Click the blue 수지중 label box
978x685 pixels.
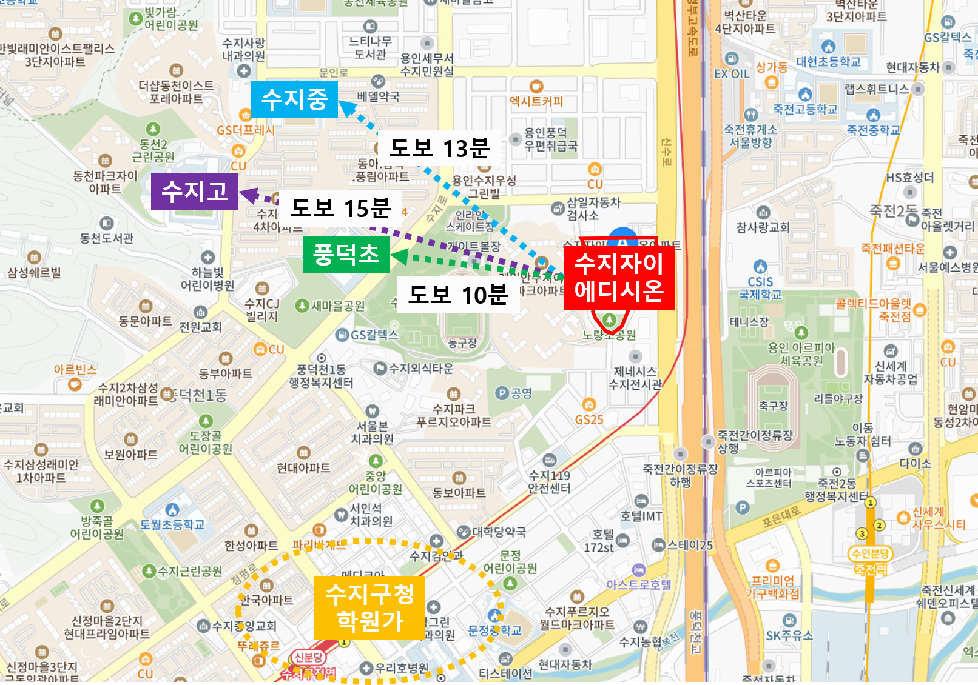click(x=294, y=99)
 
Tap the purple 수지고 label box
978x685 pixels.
click(x=194, y=192)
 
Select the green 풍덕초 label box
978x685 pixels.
click(x=346, y=255)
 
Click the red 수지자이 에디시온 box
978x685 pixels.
click(x=619, y=278)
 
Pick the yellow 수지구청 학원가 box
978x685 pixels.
click(x=369, y=607)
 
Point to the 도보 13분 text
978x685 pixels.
click(x=439, y=148)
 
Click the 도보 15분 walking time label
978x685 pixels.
click(x=340, y=208)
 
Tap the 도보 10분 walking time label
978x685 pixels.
click(x=457, y=295)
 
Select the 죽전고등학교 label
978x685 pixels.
click(x=805, y=109)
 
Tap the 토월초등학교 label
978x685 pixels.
click(x=172, y=524)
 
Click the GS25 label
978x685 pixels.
click(x=589, y=419)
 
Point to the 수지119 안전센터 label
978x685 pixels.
click(x=549, y=481)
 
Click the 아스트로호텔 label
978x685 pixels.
click(x=639, y=584)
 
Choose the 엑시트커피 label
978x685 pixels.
click(x=536, y=101)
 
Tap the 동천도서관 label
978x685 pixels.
click(x=107, y=238)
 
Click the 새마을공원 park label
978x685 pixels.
click(x=338, y=306)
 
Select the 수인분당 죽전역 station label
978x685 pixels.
click(x=870, y=561)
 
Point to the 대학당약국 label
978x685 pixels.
click(x=499, y=532)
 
